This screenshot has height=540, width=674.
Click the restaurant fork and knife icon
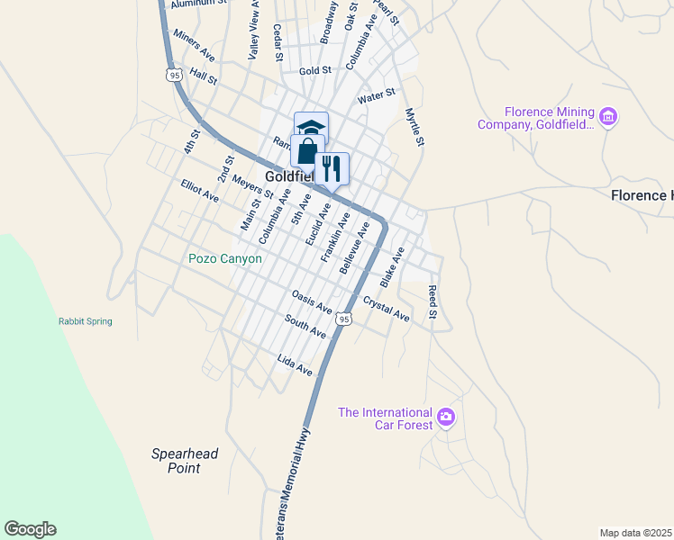pyautogui.click(x=332, y=167)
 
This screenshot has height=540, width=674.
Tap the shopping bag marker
pyautogui.click(x=307, y=151)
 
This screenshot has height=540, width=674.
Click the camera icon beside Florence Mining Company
pyautogui.click(x=608, y=117)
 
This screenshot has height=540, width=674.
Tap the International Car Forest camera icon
pyautogui.click(x=446, y=417)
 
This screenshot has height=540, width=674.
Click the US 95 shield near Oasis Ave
pyautogui.click(x=343, y=319)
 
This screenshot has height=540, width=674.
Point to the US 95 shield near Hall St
pyautogui.click(x=174, y=76)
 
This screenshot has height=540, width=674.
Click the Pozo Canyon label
pyautogui.click(x=225, y=259)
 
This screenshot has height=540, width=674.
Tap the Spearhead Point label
pyautogui.click(x=185, y=461)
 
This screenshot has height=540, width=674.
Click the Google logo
pyautogui.click(x=30, y=529)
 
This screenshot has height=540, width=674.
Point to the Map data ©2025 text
pyautogui.click(x=634, y=533)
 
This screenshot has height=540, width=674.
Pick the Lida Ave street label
pyautogui.click(x=295, y=365)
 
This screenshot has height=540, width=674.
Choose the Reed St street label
pyautogui.click(x=433, y=302)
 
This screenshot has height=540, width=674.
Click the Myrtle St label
pyautogui.click(x=414, y=127)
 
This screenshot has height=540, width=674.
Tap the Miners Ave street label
pyautogui.click(x=193, y=42)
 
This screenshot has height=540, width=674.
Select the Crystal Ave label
pyautogui.click(x=387, y=309)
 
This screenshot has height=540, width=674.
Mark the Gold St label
pyautogui.click(x=315, y=70)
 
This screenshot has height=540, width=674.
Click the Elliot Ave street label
pyautogui.click(x=199, y=190)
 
